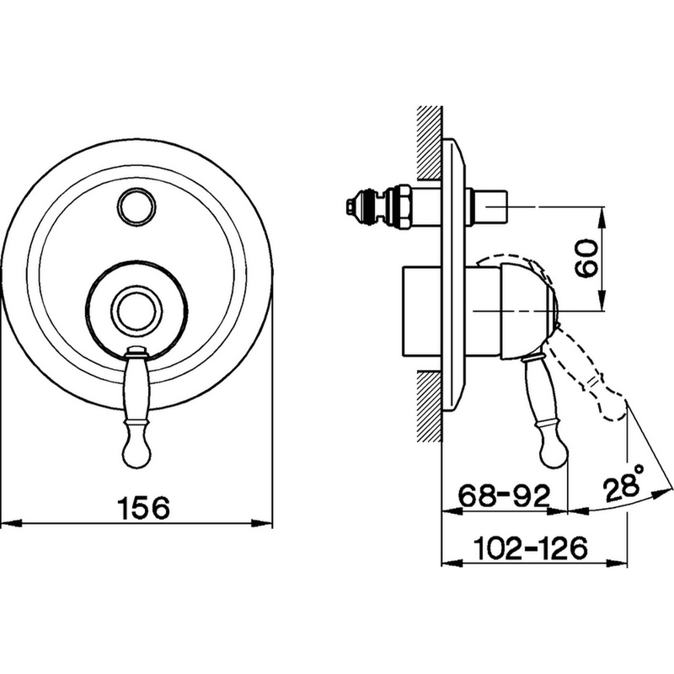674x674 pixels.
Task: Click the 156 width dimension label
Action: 144,508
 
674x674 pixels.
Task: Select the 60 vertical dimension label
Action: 586,259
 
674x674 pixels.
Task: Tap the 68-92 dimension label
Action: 505,495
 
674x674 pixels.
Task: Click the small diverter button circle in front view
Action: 136,206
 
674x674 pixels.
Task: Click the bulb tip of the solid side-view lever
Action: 554,452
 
